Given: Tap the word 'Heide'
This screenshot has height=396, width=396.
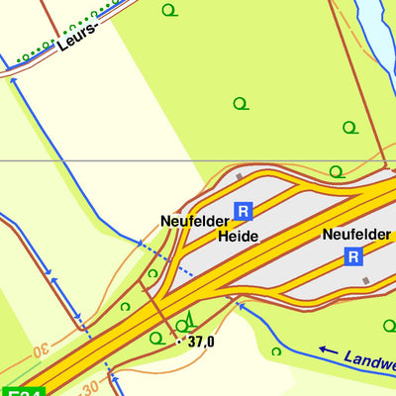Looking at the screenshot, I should [238, 237].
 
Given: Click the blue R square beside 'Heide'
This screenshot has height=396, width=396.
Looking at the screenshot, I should [244, 210].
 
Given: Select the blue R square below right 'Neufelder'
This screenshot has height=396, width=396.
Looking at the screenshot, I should [353, 256].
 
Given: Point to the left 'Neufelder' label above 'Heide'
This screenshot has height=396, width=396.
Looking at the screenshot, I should [194, 222].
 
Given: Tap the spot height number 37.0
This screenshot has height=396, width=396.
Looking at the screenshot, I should [201, 343].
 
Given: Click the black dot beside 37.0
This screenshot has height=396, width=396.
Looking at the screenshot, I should [179, 342].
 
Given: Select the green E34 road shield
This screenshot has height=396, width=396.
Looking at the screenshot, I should [22, 392].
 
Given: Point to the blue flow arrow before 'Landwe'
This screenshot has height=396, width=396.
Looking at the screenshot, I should [328, 349].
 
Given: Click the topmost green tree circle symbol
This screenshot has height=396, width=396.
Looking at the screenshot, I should [168, 11].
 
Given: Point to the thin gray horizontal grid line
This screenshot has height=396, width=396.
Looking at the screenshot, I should [99, 160].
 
